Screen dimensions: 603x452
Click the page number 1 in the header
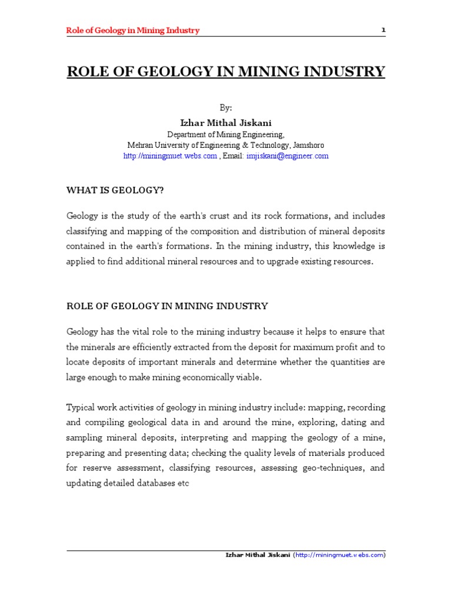click(383, 30)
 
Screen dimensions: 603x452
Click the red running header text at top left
click(132, 31)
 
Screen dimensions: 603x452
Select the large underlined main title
click(226, 72)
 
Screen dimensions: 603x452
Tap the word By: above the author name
click(226, 108)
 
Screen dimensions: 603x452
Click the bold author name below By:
click(226, 122)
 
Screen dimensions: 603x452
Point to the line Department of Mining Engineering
click(226, 134)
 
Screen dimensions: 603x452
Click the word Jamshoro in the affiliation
click(308, 145)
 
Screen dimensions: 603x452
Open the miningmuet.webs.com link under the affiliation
click(170, 156)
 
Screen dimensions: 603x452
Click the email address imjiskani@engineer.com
click(288, 156)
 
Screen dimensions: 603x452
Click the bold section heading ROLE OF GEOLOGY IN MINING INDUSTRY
click(167, 306)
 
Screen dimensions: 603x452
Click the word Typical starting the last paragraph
click(81, 408)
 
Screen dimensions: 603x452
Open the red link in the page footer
click(340, 555)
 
